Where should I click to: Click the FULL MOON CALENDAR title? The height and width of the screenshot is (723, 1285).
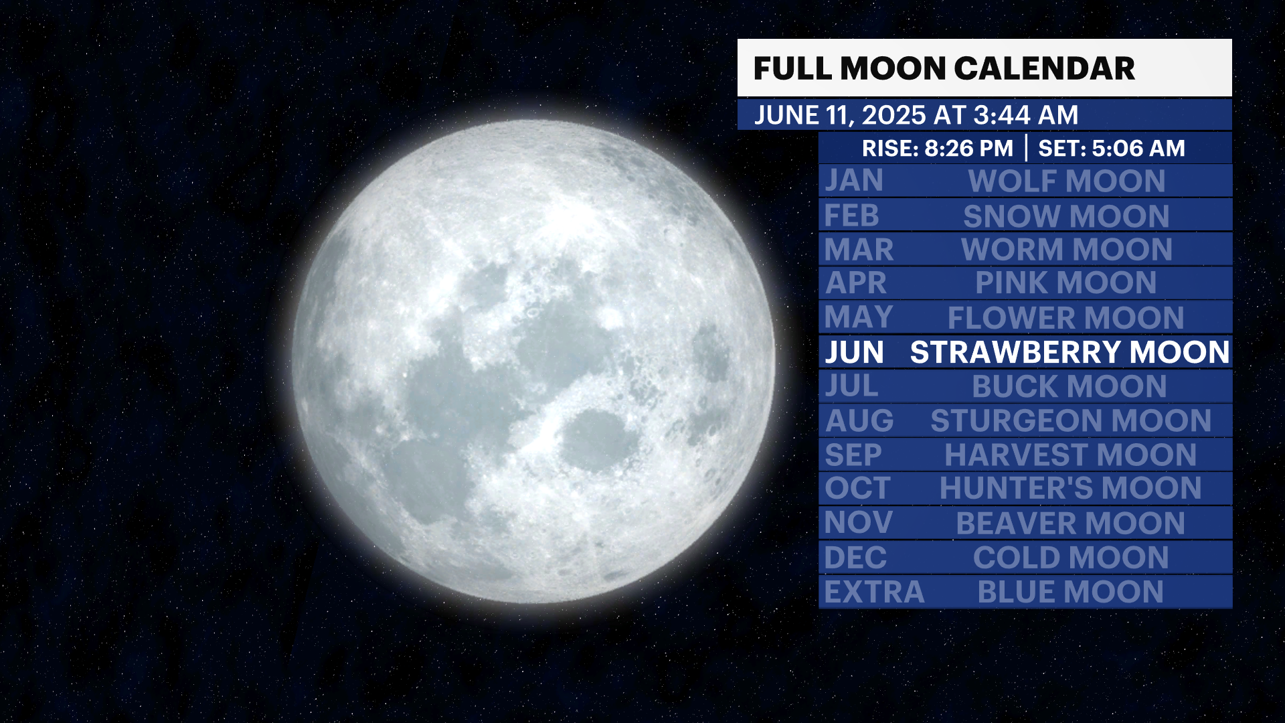tap(944, 68)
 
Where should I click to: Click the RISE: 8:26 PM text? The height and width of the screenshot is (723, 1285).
tap(937, 148)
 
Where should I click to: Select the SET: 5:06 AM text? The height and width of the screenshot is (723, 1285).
tap(1111, 148)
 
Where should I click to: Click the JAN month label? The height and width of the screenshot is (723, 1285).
tap(854, 181)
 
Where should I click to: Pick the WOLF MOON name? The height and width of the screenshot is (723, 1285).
tap(1067, 181)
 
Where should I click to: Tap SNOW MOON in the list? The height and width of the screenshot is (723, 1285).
tap(1066, 216)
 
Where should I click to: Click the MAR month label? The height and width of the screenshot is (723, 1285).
tap(859, 250)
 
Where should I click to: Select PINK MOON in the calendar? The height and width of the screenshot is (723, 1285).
tap(1065, 283)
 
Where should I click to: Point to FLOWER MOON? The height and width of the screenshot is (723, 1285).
tap(1065, 317)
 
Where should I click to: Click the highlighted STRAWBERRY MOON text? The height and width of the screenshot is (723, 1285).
tap(1069, 352)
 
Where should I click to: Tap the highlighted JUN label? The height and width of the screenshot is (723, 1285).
tap(855, 352)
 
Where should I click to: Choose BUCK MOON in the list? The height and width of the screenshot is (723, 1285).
tap(1069, 386)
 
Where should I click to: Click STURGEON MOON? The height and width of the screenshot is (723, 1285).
tap(1071, 420)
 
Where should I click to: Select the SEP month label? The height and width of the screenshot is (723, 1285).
tap(853, 455)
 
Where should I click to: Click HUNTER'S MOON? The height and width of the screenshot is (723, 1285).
tap(1070, 488)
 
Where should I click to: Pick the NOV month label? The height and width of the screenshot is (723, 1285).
tap(859, 523)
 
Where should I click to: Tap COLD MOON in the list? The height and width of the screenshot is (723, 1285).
tap(1071, 558)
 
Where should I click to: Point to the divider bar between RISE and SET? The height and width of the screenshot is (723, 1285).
tap(1026, 148)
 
